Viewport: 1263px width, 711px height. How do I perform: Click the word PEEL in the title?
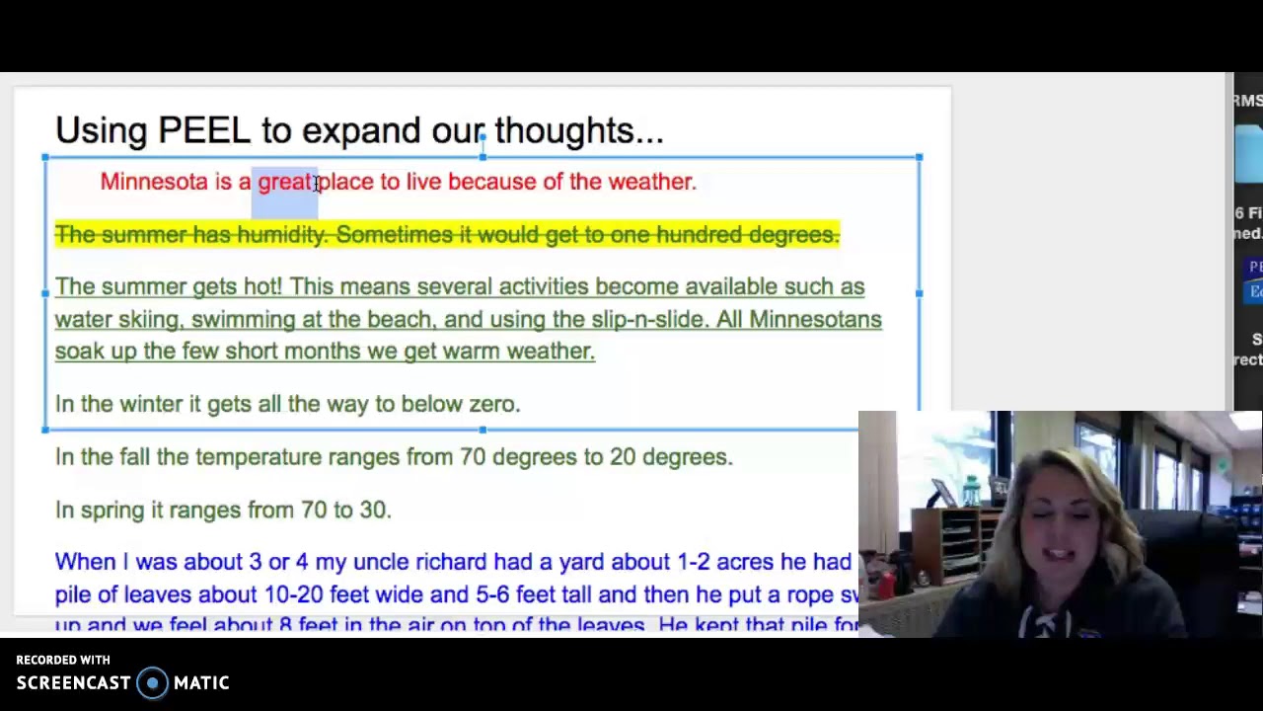pos(203,130)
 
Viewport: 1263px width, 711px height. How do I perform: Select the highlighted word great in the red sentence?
pos(284,182)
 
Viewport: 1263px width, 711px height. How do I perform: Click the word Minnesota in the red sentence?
pos(154,182)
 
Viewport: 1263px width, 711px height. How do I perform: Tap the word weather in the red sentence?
pos(651,182)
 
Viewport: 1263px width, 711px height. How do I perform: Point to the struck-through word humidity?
pos(281,235)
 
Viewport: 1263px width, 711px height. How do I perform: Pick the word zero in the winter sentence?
pos(493,404)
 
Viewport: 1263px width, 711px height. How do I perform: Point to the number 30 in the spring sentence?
pos(374,510)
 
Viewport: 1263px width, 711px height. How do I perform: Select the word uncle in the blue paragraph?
pos(381,562)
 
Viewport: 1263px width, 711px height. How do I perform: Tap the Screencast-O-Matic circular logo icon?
pos(152,683)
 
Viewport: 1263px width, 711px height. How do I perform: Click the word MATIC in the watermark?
pos(201,683)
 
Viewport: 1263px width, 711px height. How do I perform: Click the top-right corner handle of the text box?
pos(919,157)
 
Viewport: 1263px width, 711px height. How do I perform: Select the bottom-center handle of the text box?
pos(483,430)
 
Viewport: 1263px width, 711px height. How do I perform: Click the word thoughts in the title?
pos(578,130)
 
